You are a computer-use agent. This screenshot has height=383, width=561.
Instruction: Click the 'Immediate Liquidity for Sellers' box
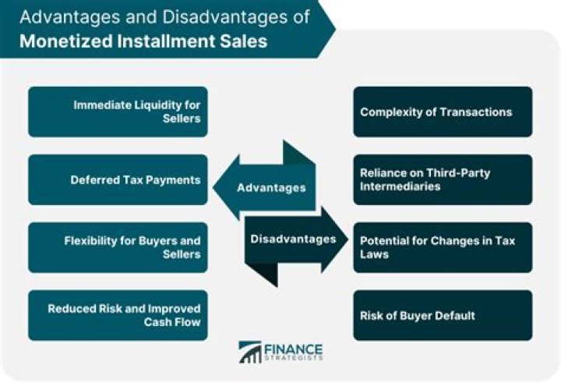pyautogui.click(x=118, y=112)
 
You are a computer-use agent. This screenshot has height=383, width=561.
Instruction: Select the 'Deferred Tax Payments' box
pyautogui.click(x=118, y=179)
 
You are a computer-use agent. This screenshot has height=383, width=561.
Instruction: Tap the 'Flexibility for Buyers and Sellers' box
pyautogui.click(x=118, y=247)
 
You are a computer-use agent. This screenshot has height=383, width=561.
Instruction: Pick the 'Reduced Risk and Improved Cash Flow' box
pyautogui.click(x=118, y=315)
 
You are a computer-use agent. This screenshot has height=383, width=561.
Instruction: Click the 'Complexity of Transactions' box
pyautogui.click(x=443, y=112)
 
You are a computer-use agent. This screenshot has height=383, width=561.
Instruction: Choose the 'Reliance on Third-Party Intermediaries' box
pyautogui.click(x=443, y=179)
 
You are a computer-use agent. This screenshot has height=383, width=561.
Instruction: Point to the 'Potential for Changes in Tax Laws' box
pyautogui.click(x=443, y=247)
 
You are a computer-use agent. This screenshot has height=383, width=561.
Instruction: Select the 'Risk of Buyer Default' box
pyautogui.click(x=443, y=315)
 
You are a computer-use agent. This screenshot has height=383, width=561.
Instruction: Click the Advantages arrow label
pyautogui.click(x=270, y=188)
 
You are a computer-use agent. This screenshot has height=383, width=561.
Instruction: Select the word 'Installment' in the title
pyautogui.click(x=165, y=41)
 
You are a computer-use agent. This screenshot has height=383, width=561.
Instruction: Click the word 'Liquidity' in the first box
pyautogui.click(x=157, y=105)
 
